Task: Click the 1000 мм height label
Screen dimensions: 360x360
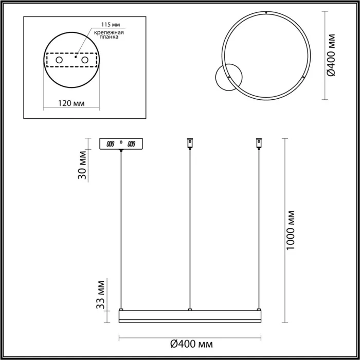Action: [292, 230]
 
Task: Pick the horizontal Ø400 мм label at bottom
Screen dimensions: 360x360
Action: [191, 344]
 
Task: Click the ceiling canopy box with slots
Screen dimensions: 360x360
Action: [121, 143]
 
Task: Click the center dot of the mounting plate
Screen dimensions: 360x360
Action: [76, 58]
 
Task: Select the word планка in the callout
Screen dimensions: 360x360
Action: [109, 38]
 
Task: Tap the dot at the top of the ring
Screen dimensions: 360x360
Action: [265, 12]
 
